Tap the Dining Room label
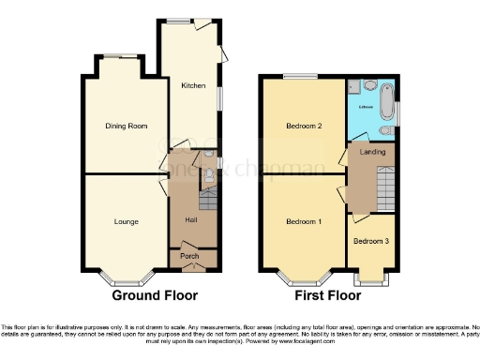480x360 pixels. tap(125, 125)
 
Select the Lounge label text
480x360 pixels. tap(127, 222)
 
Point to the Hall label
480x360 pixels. tap(191, 219)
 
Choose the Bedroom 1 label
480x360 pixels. tap(304, 222)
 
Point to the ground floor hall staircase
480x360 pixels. tap(208, 200)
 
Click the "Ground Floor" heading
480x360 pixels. tap(156, 295)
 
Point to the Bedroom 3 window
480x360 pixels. tap(371, 279)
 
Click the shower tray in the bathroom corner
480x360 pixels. tap(356, 88)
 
